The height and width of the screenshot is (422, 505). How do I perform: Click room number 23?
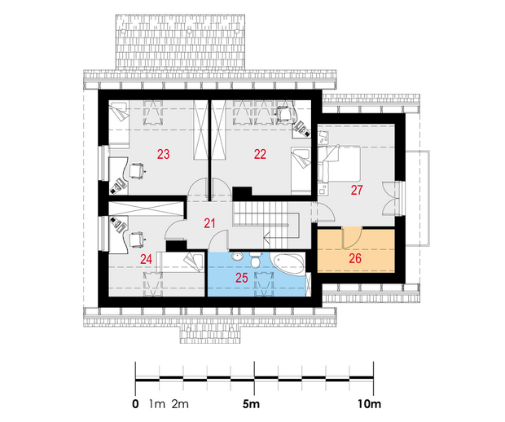point(163,154)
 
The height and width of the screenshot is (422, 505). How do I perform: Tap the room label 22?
point(260,154)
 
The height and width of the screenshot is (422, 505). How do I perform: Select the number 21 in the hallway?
point(209,223)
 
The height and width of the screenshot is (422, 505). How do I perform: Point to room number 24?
point(146,259)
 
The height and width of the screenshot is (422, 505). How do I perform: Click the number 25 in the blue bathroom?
point(242,277)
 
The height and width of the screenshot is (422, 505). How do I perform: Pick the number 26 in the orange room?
point(355,258)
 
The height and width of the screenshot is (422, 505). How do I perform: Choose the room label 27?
point(357,190)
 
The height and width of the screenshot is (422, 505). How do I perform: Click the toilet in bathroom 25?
point(256,260)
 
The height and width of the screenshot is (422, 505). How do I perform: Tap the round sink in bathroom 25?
point(238,257)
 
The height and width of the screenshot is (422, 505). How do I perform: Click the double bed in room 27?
point(339,164)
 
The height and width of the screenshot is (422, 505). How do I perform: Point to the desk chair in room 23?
point(137,171)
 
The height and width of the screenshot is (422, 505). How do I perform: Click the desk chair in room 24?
point(137,240)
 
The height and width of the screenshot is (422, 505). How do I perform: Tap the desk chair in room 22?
point(285,112)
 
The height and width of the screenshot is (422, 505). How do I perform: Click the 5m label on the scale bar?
point(251,404)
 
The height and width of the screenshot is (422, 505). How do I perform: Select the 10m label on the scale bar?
point(369,404)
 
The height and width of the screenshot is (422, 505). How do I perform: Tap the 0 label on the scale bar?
point(135,404)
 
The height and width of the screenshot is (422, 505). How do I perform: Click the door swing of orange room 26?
point(352,238)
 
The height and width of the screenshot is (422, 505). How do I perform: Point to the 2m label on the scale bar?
point(180,404)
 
